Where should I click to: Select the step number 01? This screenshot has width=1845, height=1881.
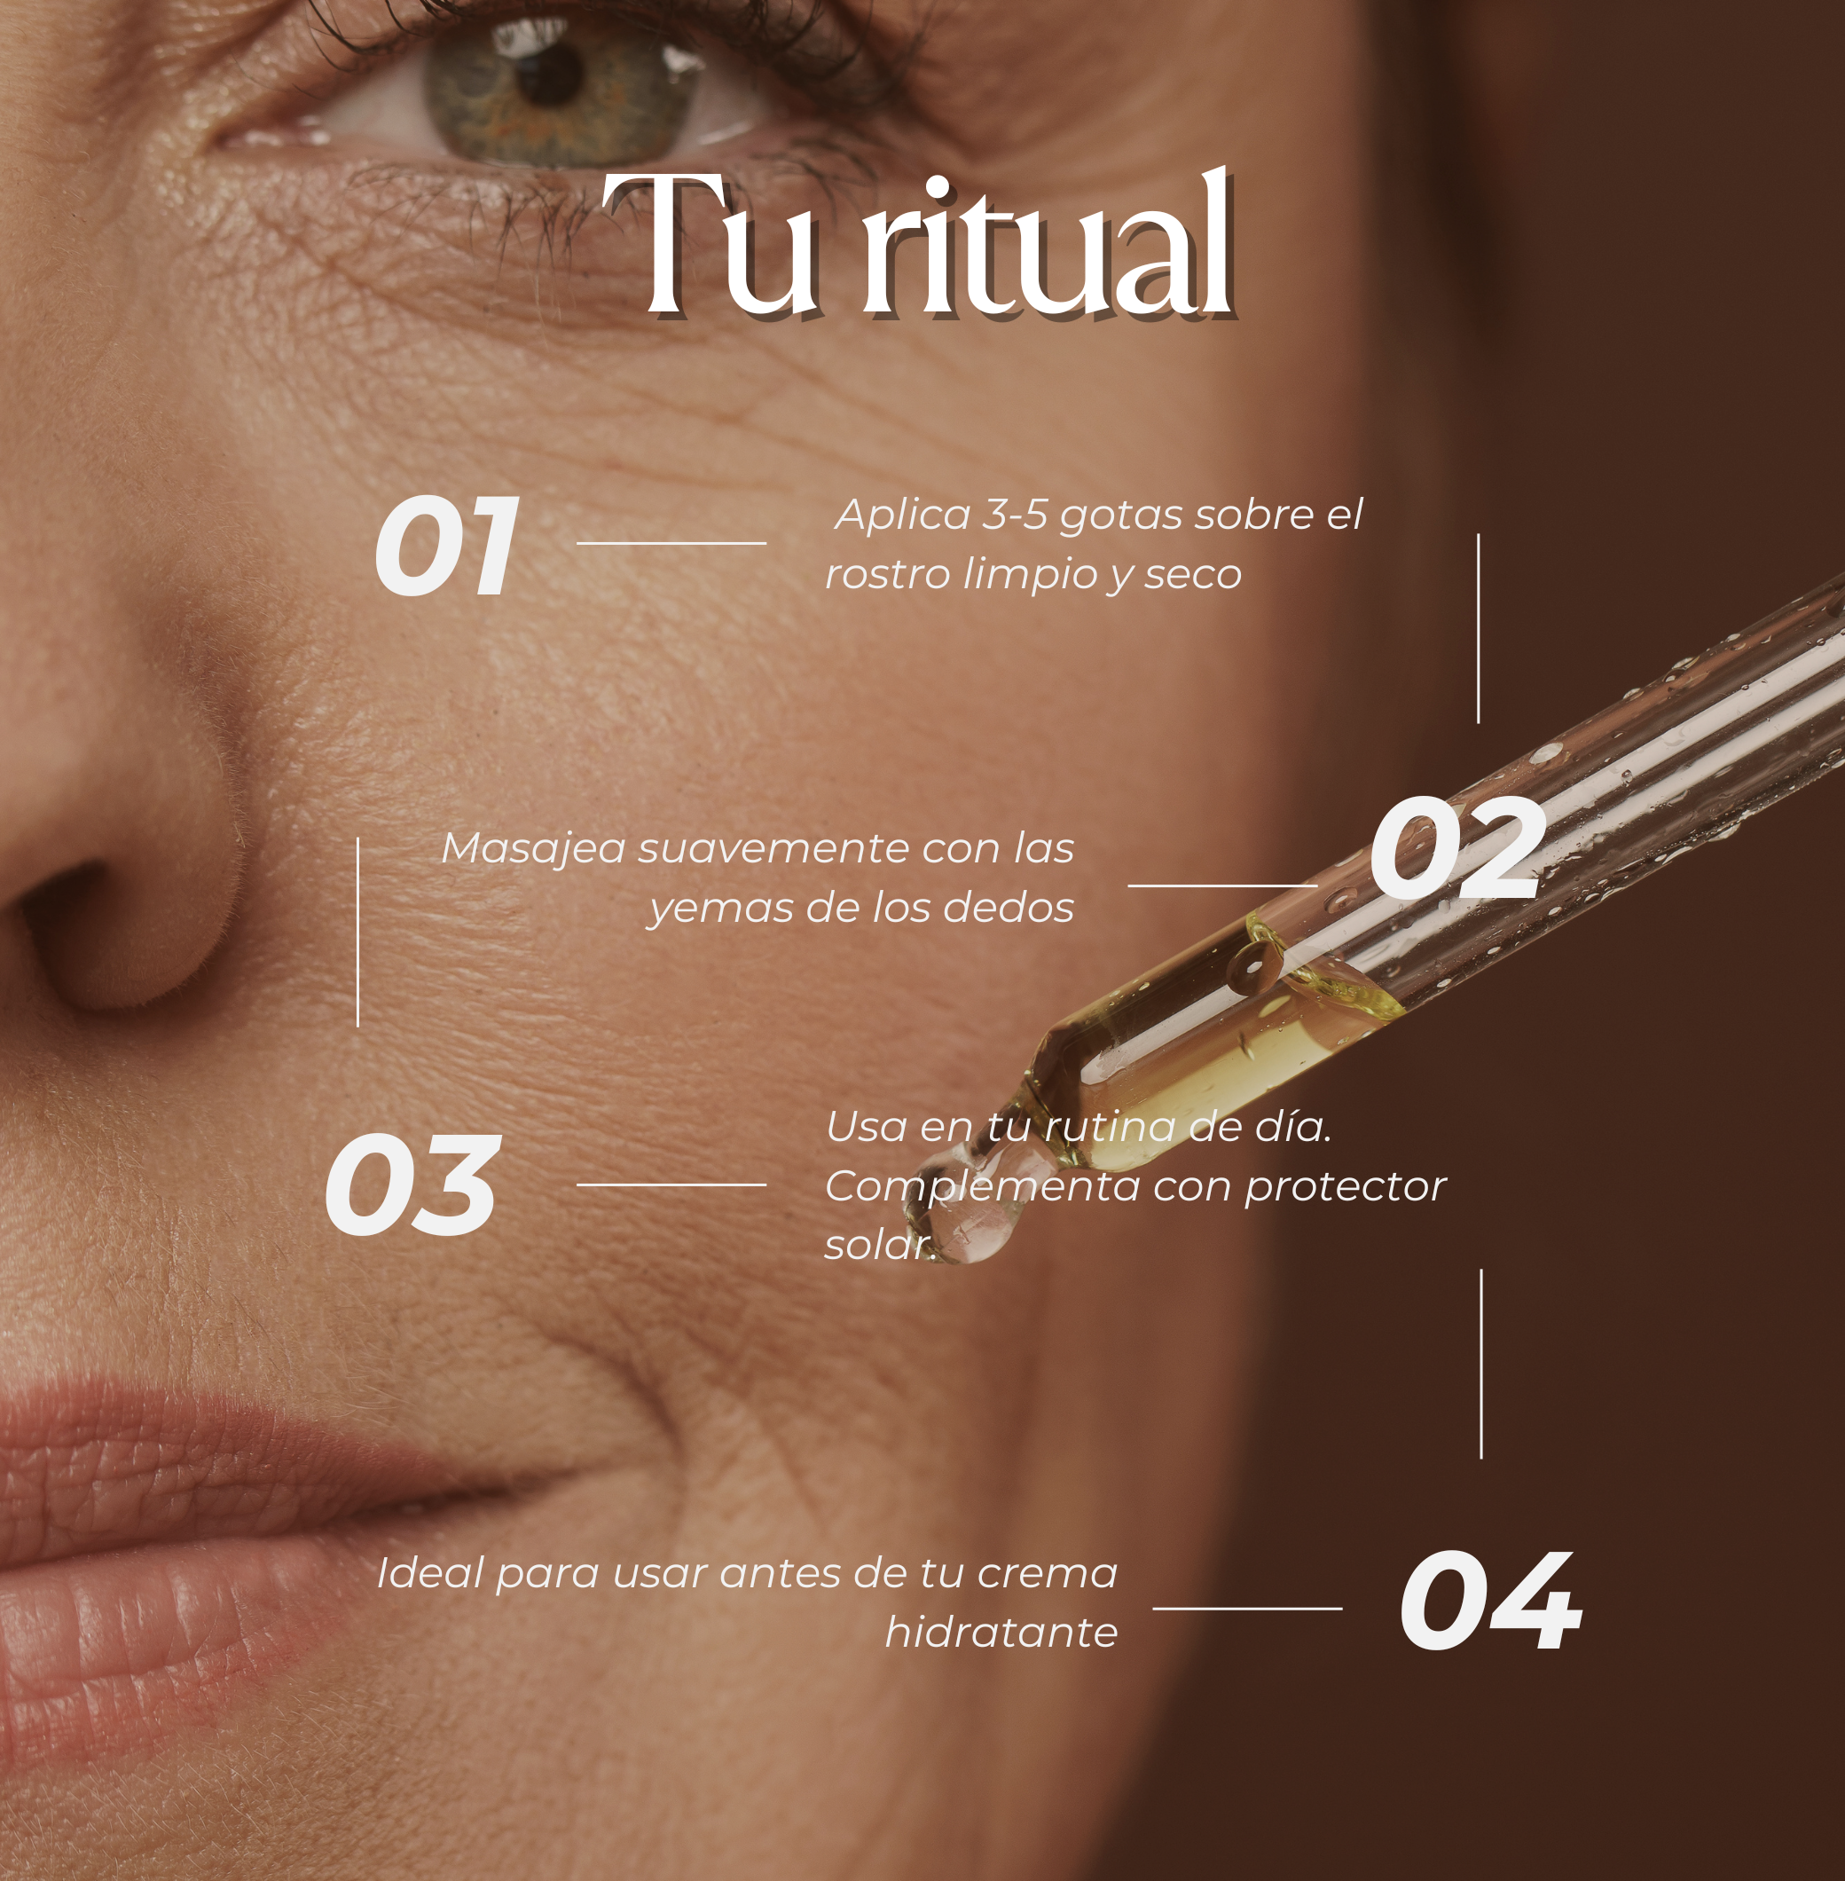coord(447,546)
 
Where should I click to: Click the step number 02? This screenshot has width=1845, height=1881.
coord(1456,850)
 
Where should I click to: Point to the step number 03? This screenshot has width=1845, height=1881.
coord(412,1185)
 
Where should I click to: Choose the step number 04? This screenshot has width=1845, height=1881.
coord(1490,1601)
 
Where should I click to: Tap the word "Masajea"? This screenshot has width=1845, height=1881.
coord(533,850)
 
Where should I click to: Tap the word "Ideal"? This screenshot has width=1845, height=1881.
coord(431,1573)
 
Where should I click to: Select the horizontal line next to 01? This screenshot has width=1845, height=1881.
coord(671,544)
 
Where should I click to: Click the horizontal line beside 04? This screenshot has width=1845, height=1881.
coord(1247,1609)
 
